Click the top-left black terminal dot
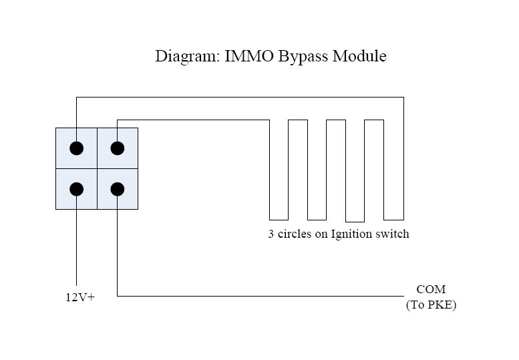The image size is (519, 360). [77, 148]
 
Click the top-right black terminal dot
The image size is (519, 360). [118, 148]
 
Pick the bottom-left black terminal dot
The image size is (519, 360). [77, 189]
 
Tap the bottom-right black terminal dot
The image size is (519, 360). [118, 189]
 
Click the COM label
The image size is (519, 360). [431, 290]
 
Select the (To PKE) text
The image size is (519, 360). [431, 305]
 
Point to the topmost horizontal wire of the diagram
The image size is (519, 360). [240, 98]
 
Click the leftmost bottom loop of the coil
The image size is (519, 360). [279, 219]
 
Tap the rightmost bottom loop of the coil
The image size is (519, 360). [394, 219]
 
